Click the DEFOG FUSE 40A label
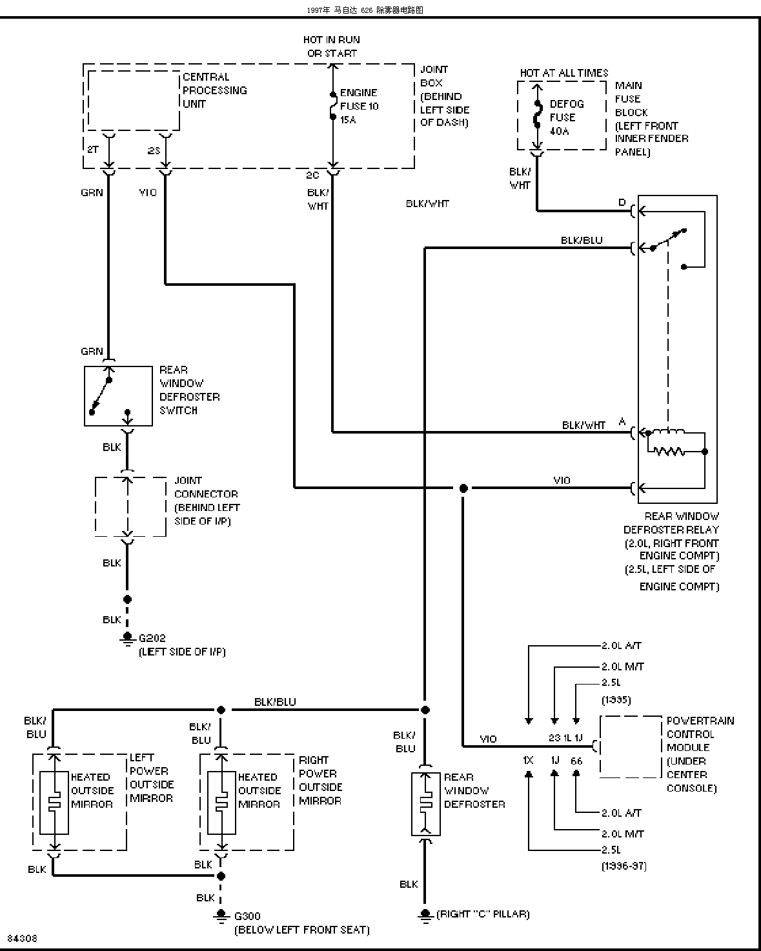(567, 117)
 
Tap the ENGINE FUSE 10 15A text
(359, 106)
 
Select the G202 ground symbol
(127, 639)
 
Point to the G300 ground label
(247, 916)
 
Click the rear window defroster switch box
(119, 396)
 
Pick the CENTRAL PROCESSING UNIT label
(214, 90)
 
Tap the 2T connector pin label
(93, 150)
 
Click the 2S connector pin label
(154, 151)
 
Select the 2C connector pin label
(312, 175)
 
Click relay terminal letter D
(622, 203)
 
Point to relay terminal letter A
(622, 421)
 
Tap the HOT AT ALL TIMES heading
(563, 73)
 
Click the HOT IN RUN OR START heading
(332, 46)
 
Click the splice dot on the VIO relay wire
(463, 488)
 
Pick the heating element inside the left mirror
(54, 803)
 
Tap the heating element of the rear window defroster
(425, 803)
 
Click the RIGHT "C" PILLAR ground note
(483, 914)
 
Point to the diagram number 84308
(23, 938)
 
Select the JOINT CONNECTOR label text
(206, 487)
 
